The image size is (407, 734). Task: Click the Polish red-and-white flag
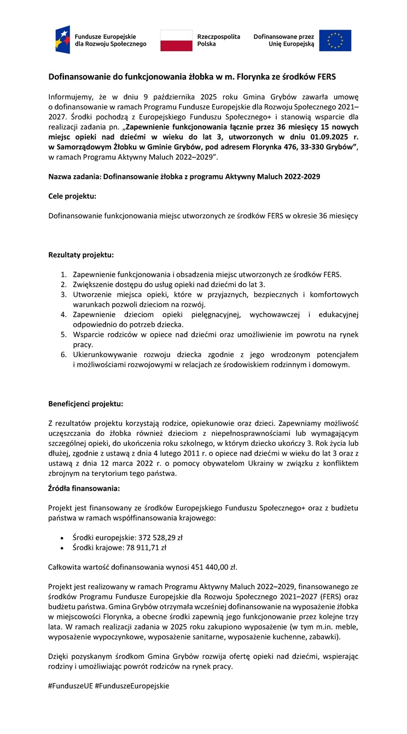pos(176,40)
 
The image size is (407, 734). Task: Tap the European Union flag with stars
pos(335,40)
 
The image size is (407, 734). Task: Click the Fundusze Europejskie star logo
pos(62,39)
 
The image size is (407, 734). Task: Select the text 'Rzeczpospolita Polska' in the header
pos(218,40)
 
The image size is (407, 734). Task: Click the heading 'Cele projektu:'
pos(72,196)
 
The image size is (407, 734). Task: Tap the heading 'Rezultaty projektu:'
pos(81,255)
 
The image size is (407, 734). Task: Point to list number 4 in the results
pos(63,314)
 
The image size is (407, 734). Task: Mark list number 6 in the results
pos(63,354)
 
